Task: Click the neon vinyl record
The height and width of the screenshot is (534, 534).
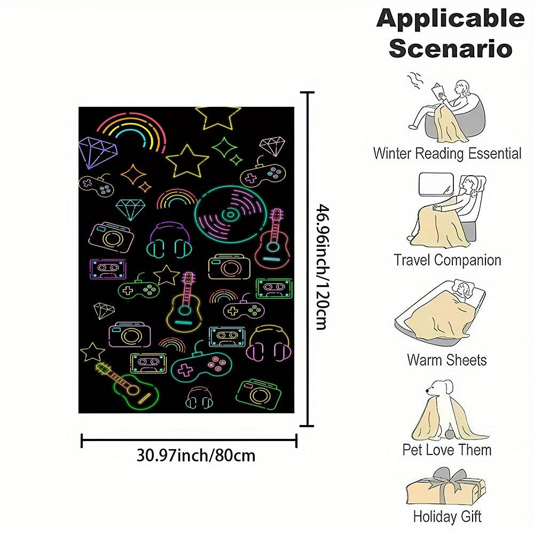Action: [231, 215]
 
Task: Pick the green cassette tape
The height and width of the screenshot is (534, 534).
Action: [274, 288]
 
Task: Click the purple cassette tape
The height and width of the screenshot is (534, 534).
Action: [108, 269]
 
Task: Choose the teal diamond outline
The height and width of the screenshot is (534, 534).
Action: [130, 209]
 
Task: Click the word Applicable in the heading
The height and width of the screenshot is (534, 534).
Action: [450, 19]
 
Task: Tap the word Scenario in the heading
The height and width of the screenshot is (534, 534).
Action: [450, 49]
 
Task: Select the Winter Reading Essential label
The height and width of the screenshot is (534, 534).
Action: [447, 153]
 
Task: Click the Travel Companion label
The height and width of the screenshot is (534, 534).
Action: [447, 260]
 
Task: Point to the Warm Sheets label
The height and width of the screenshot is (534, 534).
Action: [447, 360]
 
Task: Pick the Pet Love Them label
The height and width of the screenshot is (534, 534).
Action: [447, 450]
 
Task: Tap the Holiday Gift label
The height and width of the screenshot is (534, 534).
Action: [447, 516]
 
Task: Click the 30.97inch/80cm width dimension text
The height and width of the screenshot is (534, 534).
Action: [196, 456]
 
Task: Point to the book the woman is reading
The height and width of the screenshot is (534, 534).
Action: [438, 91]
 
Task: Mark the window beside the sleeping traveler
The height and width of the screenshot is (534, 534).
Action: [436, 184]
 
